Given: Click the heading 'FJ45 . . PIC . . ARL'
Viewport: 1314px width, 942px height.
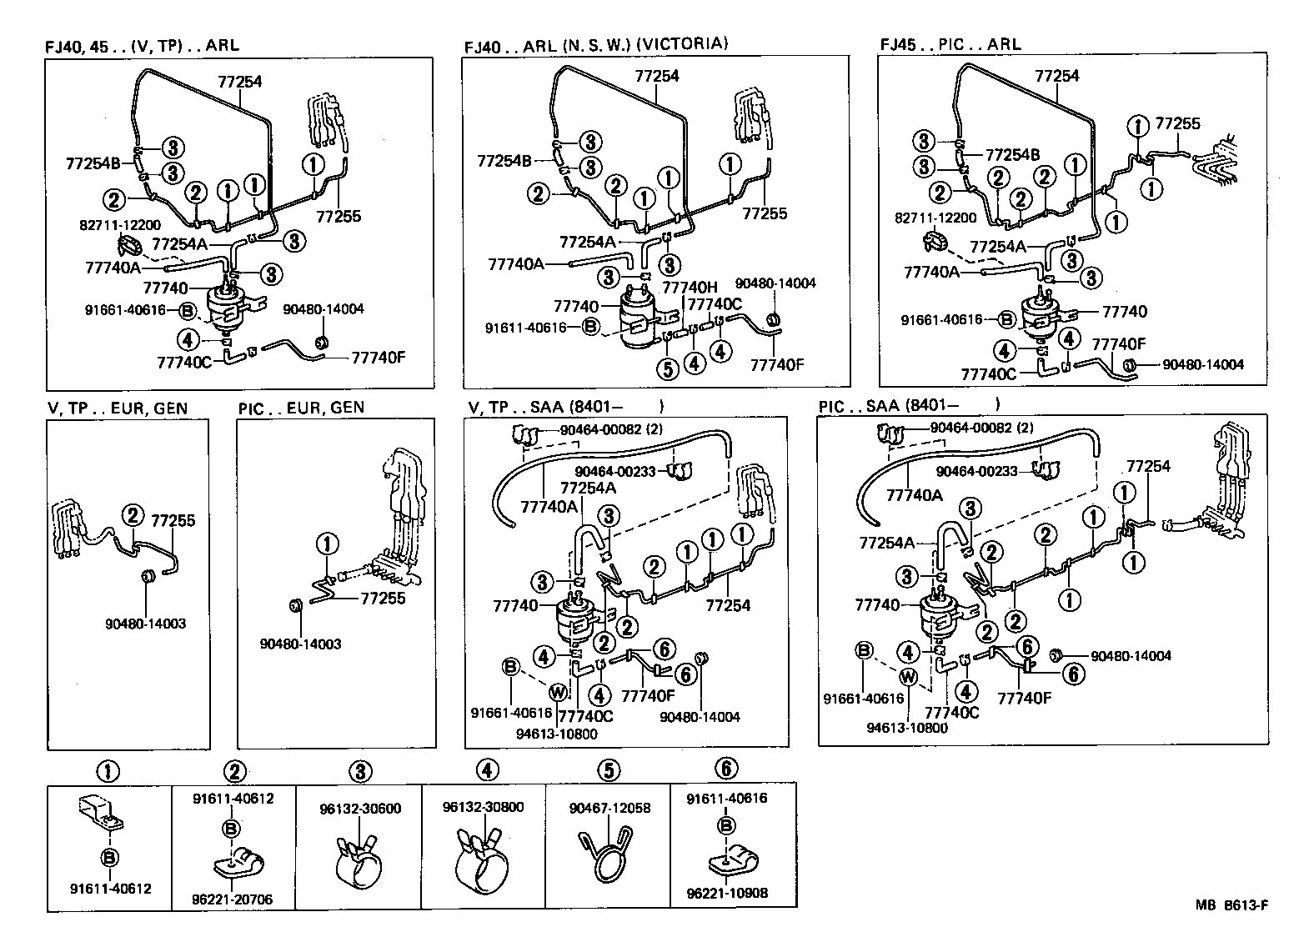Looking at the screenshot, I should coord(950,44).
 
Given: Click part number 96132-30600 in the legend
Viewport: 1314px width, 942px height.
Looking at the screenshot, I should coord(360,809).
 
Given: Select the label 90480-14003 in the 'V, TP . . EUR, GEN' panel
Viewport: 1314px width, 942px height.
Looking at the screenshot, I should coord(146,624).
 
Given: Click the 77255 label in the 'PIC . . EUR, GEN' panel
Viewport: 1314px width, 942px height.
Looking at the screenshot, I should coord(383,599).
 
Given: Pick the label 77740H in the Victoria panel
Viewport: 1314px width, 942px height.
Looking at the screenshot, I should coord(690,287).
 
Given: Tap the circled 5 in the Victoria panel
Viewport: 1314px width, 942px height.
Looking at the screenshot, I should coord(668,368).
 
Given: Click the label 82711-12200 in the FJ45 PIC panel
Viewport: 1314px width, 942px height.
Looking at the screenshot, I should coord(935,218).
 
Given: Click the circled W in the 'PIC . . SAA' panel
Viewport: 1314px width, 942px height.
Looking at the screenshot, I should coord(909,679).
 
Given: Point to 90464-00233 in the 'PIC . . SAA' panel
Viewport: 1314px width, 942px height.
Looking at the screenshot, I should coord(976,471).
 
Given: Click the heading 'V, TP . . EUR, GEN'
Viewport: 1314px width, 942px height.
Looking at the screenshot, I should coord(118,408).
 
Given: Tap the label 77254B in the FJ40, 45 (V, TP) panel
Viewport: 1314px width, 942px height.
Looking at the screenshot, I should coord(93,163).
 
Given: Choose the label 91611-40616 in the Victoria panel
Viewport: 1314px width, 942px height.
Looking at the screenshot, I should coord(525,328).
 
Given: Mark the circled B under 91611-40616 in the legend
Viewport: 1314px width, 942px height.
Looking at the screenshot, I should coord(726,824).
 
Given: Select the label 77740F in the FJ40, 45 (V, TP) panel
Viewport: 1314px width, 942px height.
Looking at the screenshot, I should coord(379,358).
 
